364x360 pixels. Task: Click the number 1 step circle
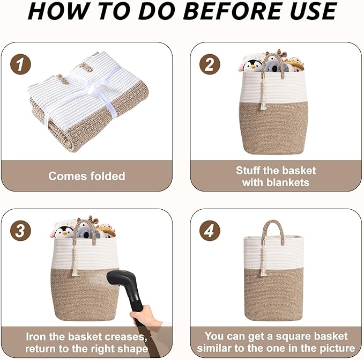pyautogui.click(x=20, y=64)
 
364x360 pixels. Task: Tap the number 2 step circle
pyautogui.click(x=210, y=64)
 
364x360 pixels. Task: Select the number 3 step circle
pyautogui.click(x=20, y=231)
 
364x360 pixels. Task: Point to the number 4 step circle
pyautogui.click(x=210, y=231)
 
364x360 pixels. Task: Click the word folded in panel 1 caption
pyautogui.click(x=108, y=176)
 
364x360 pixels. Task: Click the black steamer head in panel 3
pyautogui.click(x=122, y=282)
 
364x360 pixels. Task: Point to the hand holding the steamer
pyautogui.click(x=146, y=317)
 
